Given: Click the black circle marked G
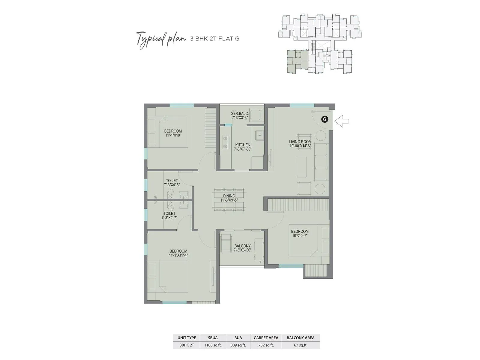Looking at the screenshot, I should point(324,119).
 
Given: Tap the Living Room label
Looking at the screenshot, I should point(300,144).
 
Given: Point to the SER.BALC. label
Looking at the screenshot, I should point(240,115).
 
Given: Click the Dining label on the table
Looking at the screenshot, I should point(229,198).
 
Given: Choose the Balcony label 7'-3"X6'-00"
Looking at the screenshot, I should point(242,248).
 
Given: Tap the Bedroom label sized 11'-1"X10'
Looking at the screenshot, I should point(173,133).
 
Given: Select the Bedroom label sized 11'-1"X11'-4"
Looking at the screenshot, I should point(178,253).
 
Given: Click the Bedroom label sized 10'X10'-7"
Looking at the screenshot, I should point(300,233).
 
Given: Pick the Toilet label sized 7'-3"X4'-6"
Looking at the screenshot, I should point(172,183).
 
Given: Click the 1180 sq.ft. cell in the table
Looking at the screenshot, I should point(213,345).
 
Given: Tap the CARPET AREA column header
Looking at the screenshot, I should point(266,338).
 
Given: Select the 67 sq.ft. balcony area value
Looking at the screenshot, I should point(300,345).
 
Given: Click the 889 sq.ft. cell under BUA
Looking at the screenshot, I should point(238,345).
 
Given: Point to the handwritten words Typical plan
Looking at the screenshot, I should point(160,39).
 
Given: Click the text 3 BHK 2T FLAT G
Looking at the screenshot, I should point(215,39).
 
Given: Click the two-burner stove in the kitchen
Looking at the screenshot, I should point(225,142).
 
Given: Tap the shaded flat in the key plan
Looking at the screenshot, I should point(296,61).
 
